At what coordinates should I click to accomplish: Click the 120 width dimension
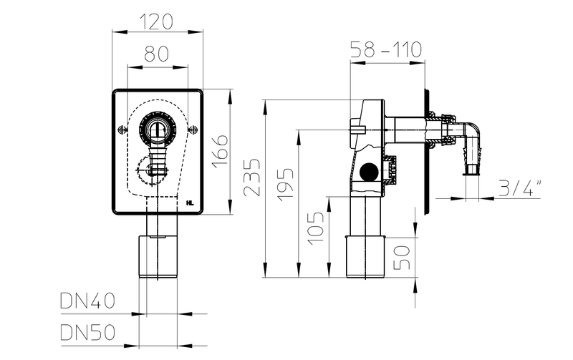click(x=158, y=21)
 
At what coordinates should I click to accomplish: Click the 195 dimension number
click(x=285, y=188)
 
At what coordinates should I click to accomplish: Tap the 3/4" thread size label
click(x=520, y=189)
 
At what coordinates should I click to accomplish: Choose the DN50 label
click(x=87, y=333)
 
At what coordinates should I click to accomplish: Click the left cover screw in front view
click(x=121, y=130)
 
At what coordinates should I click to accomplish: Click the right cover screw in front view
click(x=195, y=130)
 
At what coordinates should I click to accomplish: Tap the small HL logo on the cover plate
click(x=190, y=203)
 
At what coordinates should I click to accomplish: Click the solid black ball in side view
click(x=370, y=172)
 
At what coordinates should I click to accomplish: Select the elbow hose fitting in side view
click(x=471, y=143)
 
